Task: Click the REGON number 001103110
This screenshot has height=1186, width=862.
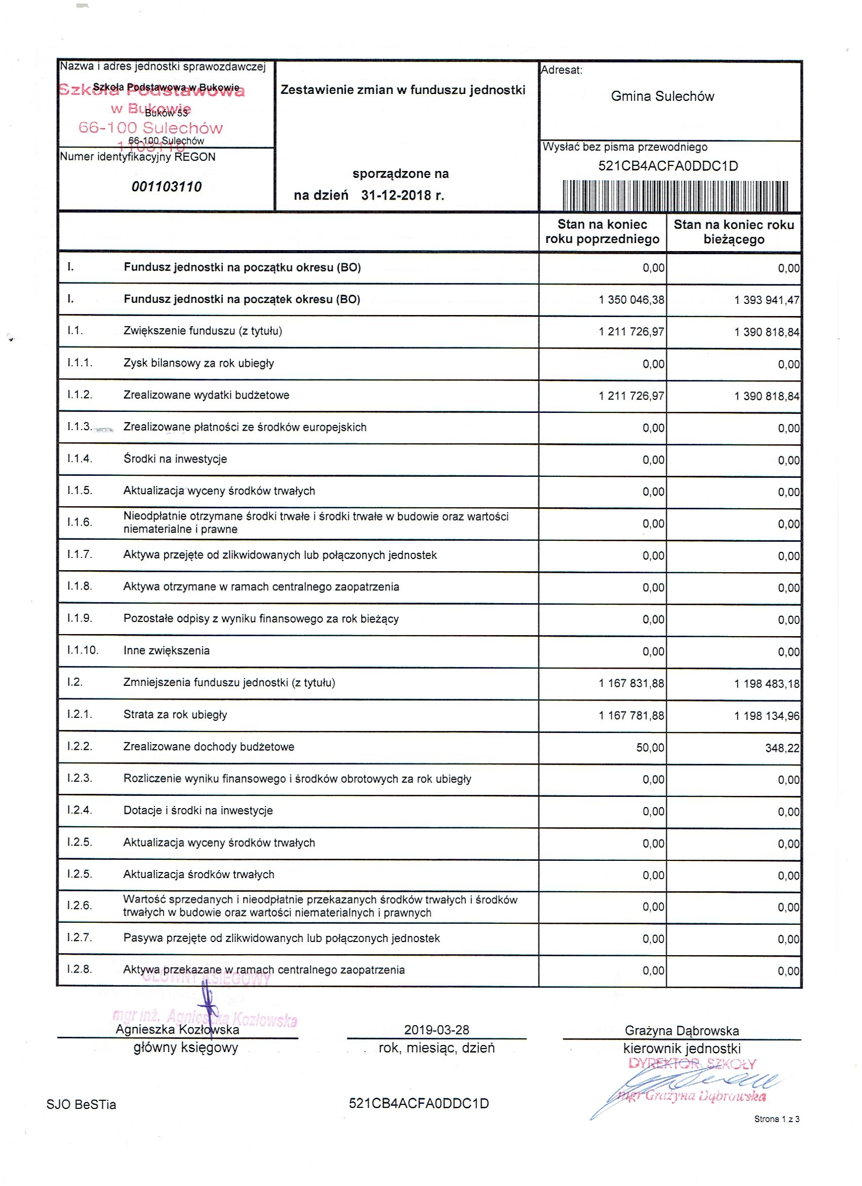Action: [x=166, y=187]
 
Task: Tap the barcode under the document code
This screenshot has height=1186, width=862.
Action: [x=675, y=196]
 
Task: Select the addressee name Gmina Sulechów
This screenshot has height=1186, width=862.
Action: [x=662, y=96]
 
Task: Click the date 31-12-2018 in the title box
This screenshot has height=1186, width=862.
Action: [x=402, y=196]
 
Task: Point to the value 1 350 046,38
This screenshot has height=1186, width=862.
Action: [x=631, y=300]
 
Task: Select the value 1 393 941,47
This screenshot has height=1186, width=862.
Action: [x=766, y=300]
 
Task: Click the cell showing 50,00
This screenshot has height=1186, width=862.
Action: [x=650, y=748]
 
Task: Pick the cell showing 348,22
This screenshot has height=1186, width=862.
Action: [x=782, y=748]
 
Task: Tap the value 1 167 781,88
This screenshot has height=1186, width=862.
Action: [x=631, y=715]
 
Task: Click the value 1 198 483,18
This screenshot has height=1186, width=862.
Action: [x=766, y=683]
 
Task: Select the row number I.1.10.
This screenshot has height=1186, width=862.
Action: [x=83, y=650]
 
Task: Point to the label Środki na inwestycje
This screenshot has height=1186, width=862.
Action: [x=175, y=459]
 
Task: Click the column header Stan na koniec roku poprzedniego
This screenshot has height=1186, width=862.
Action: [x=602, y=232]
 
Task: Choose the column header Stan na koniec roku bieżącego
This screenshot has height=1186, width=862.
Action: [x=733, y=232]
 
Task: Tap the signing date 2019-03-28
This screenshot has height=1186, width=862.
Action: [x=437, y=1030]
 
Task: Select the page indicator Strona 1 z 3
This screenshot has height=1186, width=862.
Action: [x=776, y=1120]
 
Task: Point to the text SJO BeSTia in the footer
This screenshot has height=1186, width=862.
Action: [x=81, y=1104]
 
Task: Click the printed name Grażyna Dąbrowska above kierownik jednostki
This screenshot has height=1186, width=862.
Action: [x=681, y=1031]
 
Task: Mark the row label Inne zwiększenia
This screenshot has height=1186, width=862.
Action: [x=166, y=650]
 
